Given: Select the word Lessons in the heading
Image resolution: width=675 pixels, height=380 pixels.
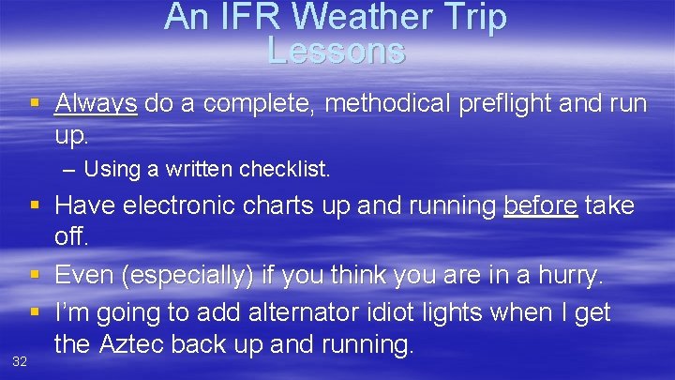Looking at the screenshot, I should pos(336,51).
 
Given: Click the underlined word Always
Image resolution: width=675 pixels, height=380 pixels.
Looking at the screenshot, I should pos(96,103).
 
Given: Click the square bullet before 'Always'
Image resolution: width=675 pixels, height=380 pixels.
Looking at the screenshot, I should pos(35,104).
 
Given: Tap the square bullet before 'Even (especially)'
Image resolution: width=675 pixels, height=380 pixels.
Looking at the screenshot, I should pos(35,277).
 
